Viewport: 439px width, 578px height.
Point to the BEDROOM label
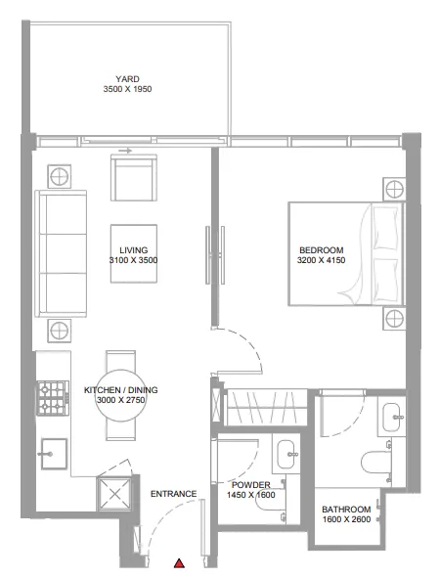click(320, 250)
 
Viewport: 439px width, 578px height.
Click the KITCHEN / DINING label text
click(121, 389)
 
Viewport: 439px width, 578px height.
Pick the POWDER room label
click(251, 484)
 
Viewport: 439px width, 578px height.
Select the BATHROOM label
click(346, 510)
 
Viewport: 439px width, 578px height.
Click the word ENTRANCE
click(174, 493)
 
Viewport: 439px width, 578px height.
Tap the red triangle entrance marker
click(179, 563)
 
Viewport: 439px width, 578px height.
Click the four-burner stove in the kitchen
click(51, 396)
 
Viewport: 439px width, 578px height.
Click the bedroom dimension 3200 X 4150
click(320, 261)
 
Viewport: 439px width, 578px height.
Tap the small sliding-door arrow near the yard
click(122, 152)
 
